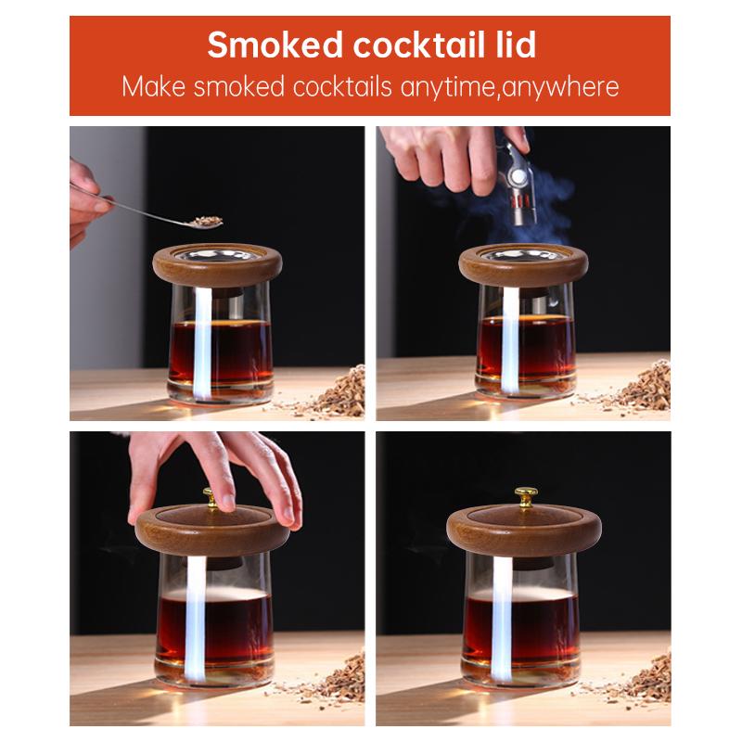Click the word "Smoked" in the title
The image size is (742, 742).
coord(263,45)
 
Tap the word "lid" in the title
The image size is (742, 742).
coord(511,45)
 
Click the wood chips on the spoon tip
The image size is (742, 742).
coord(205,221)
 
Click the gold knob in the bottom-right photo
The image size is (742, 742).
coord(526,494)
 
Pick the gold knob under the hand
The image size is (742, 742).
coord(211,498)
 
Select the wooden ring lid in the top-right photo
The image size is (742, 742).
coord(523,266)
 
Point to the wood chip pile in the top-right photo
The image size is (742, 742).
coord(640,390)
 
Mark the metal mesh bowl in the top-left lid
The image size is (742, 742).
coord(216,254)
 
